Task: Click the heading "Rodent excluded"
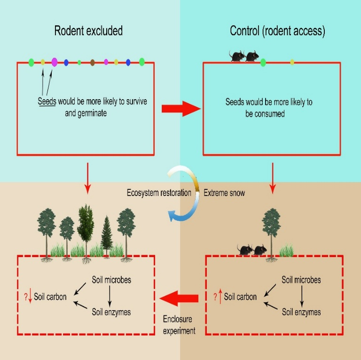[x=88, y=31]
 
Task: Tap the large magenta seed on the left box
[x=55, y=62]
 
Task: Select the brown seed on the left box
[x=93, y=62]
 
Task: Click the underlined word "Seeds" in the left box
[x=47, y=102]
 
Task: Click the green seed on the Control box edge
[x=263, y=62]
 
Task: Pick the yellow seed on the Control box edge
[x=292, y=62]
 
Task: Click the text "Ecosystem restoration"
[x=159, y=193]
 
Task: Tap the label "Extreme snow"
[x=225, y=193]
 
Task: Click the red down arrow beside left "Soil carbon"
[x=30, y=297]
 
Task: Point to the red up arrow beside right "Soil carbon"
[x=220, y=297]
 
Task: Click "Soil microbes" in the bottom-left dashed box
[x=111, y=280]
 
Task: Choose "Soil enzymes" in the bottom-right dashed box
[x=301, y=312]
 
